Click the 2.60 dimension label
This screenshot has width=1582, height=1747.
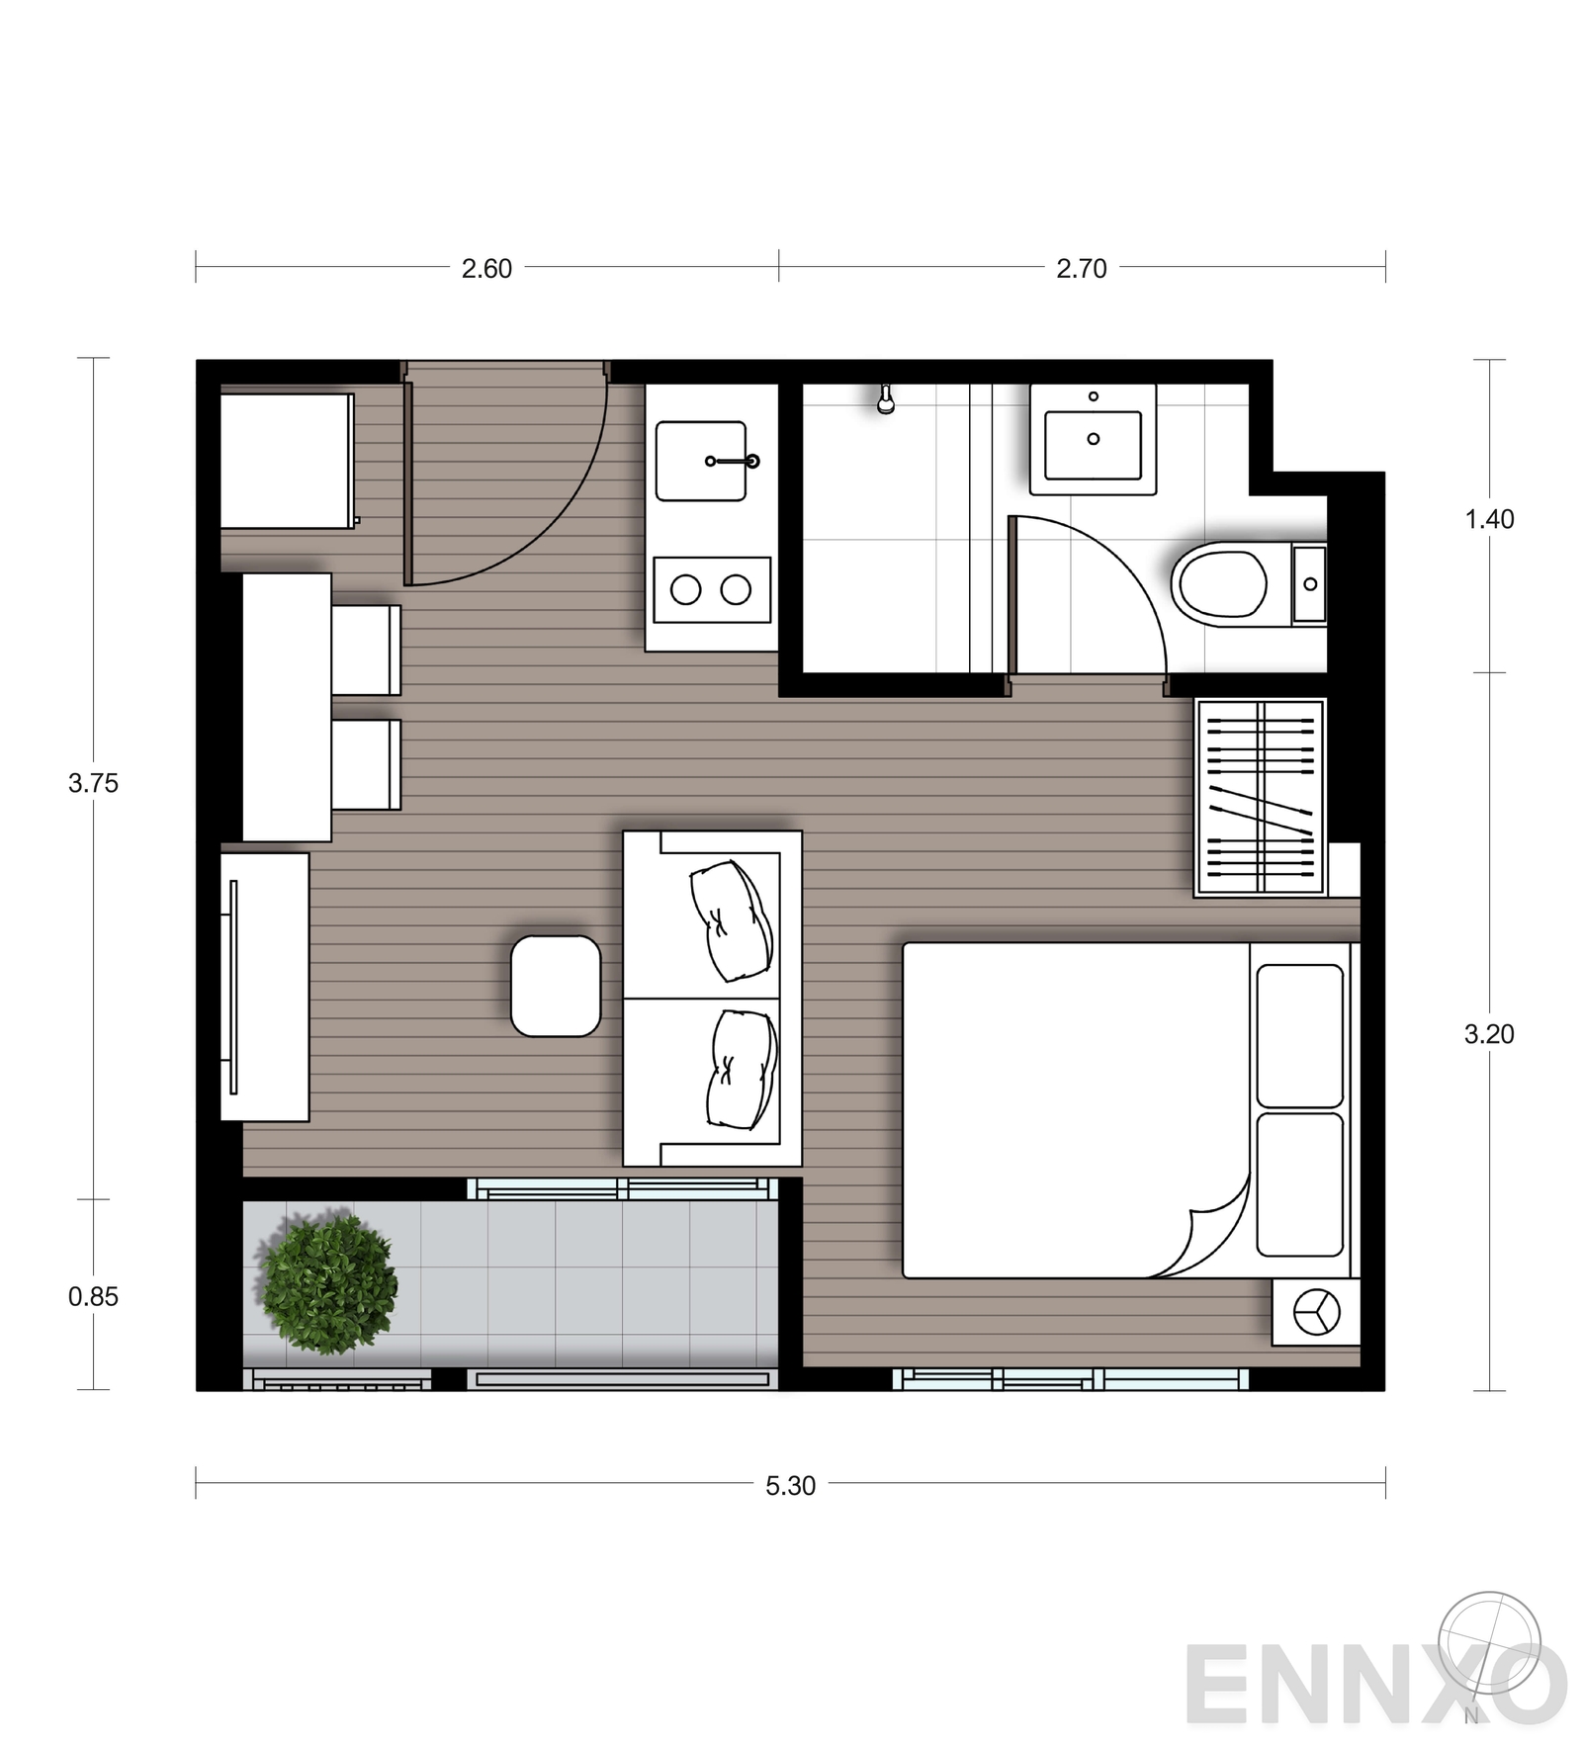pos(486,268)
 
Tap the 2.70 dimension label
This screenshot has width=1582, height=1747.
pos(1081,268)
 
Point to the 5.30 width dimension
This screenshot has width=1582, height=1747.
pos(790,1485)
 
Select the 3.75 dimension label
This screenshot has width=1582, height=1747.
pos(93,783)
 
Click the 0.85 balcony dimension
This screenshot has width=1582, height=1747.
pos(93,1296)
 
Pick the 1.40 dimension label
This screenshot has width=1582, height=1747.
pos(1489,519)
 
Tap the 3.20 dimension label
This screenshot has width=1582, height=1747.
pos(1489,1034)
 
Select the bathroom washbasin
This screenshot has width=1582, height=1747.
pos(1093,440)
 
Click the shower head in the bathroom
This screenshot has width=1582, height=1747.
pos(886,399)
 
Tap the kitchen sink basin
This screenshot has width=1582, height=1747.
pos(701,461)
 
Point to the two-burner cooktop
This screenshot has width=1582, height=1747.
pos(712,590)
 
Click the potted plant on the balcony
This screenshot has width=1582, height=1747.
pos(328,1282)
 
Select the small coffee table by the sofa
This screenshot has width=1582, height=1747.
pos(556,986)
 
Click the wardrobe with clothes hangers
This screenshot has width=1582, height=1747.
pos(1260,798)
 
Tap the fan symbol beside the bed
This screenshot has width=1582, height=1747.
pos(1316,1313)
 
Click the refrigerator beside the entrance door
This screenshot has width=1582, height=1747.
pos(287,461)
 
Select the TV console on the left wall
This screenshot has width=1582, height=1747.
pos(265,987)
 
